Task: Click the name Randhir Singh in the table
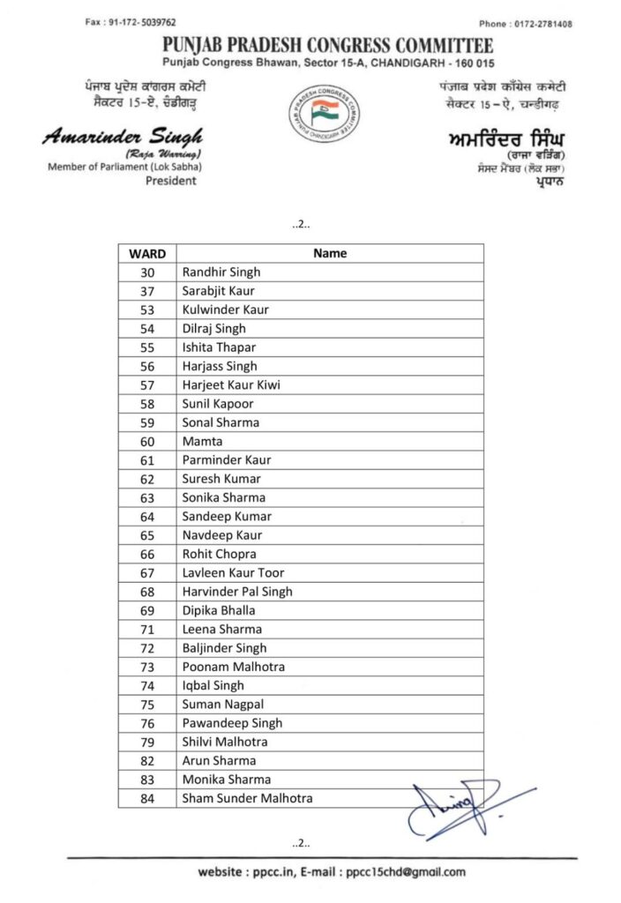221,272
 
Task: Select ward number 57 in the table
147,385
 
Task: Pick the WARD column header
147,253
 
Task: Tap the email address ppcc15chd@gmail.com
406,872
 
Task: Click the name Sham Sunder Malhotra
247,799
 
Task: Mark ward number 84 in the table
147,799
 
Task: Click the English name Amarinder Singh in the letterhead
122,137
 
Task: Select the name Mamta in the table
202,442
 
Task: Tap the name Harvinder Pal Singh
237,592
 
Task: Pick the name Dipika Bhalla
219,610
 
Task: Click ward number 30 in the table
147,272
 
